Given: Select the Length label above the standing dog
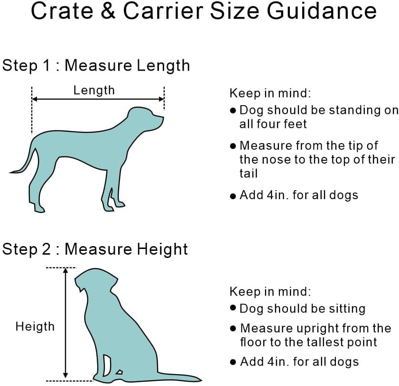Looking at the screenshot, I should (94, 90).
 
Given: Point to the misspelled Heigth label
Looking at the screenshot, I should (35, 327).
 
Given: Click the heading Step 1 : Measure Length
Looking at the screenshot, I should (96, 65).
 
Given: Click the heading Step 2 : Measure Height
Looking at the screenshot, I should (95, 249).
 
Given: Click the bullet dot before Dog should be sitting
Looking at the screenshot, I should (233, 308).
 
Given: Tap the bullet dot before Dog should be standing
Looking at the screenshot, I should (233, 110).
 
